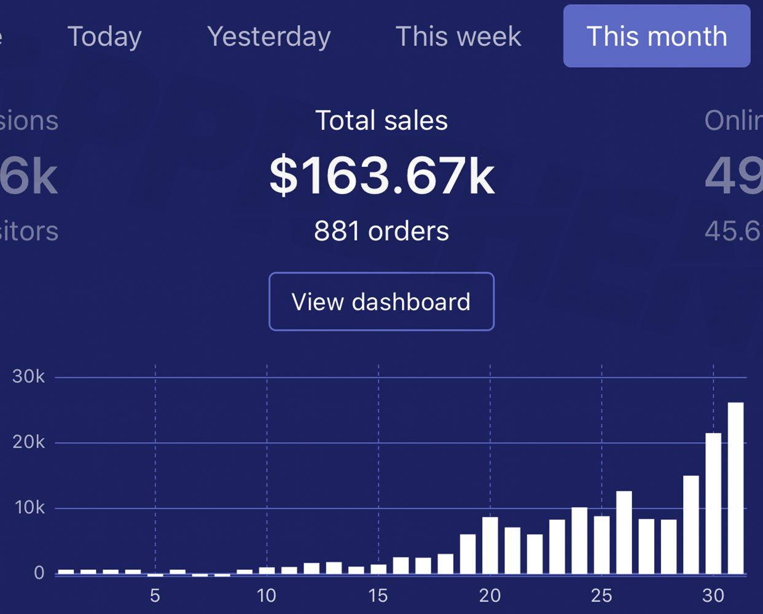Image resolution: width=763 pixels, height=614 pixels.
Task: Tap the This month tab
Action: [x=656, y=36]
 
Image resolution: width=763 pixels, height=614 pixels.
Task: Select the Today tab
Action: [x=104, y=36]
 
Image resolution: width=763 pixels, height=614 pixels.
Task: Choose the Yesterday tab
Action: [x=269, y=36]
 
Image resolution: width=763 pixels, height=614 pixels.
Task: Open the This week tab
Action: [x=458, y=36]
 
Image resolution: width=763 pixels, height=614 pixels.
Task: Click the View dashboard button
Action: [x=381, y=302]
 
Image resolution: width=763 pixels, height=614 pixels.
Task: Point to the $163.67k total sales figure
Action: [x=381, y=177]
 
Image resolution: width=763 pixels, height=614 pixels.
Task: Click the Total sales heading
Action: [x=381, y=120]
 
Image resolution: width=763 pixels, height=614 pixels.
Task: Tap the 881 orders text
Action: [x=381, y=232]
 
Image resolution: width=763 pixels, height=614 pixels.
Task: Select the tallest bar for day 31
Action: [x=735, y=489]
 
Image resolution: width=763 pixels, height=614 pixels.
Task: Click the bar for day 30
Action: [x=713, y=504]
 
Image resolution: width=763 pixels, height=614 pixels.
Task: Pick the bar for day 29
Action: [x=691, y=525]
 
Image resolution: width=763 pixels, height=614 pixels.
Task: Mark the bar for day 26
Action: [x=624, y=532]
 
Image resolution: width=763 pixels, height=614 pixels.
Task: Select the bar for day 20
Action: [x=490, y=545]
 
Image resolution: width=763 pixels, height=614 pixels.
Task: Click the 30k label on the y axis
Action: [x=29, y=377]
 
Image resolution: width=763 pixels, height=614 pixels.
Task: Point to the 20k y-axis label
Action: [x=29, y=443]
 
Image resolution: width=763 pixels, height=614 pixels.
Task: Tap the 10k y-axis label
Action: [x=29, y=508]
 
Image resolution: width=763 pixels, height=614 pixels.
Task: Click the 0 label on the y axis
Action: [x=39, y=573]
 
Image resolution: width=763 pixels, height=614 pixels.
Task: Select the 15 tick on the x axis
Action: [x=378, y=596]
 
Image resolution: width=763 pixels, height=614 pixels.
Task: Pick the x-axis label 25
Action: [x=601, y=596]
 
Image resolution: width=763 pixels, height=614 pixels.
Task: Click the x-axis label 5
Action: [x=155, y=596]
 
